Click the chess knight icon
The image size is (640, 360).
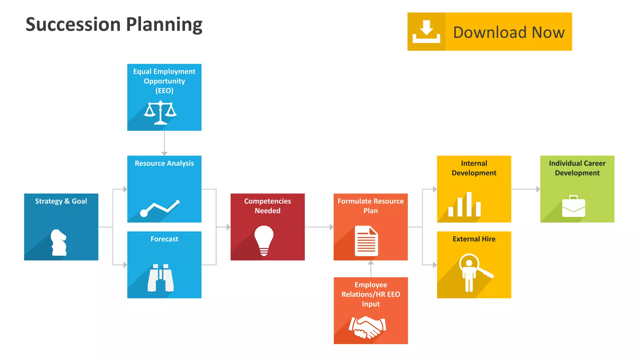(x=59, y=242)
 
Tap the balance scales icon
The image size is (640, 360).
(x=160, y=112)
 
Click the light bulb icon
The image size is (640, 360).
(x=264, y=240)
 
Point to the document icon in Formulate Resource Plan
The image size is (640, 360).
(x=366, y=241)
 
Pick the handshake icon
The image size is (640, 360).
(x=367, y=327)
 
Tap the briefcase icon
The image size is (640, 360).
(x=573, y=206)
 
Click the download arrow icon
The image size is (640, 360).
(x=426, y=32)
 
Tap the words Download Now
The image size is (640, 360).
(x=509, y=32)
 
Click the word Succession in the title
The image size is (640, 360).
(x=73, y=24)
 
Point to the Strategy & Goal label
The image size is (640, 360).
(x=61, y=201)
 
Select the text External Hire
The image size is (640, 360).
(x=474, y=239)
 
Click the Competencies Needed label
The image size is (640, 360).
(x=267, y=206)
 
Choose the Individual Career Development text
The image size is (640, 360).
(x=577, y=168)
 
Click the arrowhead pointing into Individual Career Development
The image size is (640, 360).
(x=538, y=189)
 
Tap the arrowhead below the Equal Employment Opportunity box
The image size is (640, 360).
(x=164, y=153)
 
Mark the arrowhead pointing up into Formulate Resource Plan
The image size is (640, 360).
(x=371, y=263)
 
